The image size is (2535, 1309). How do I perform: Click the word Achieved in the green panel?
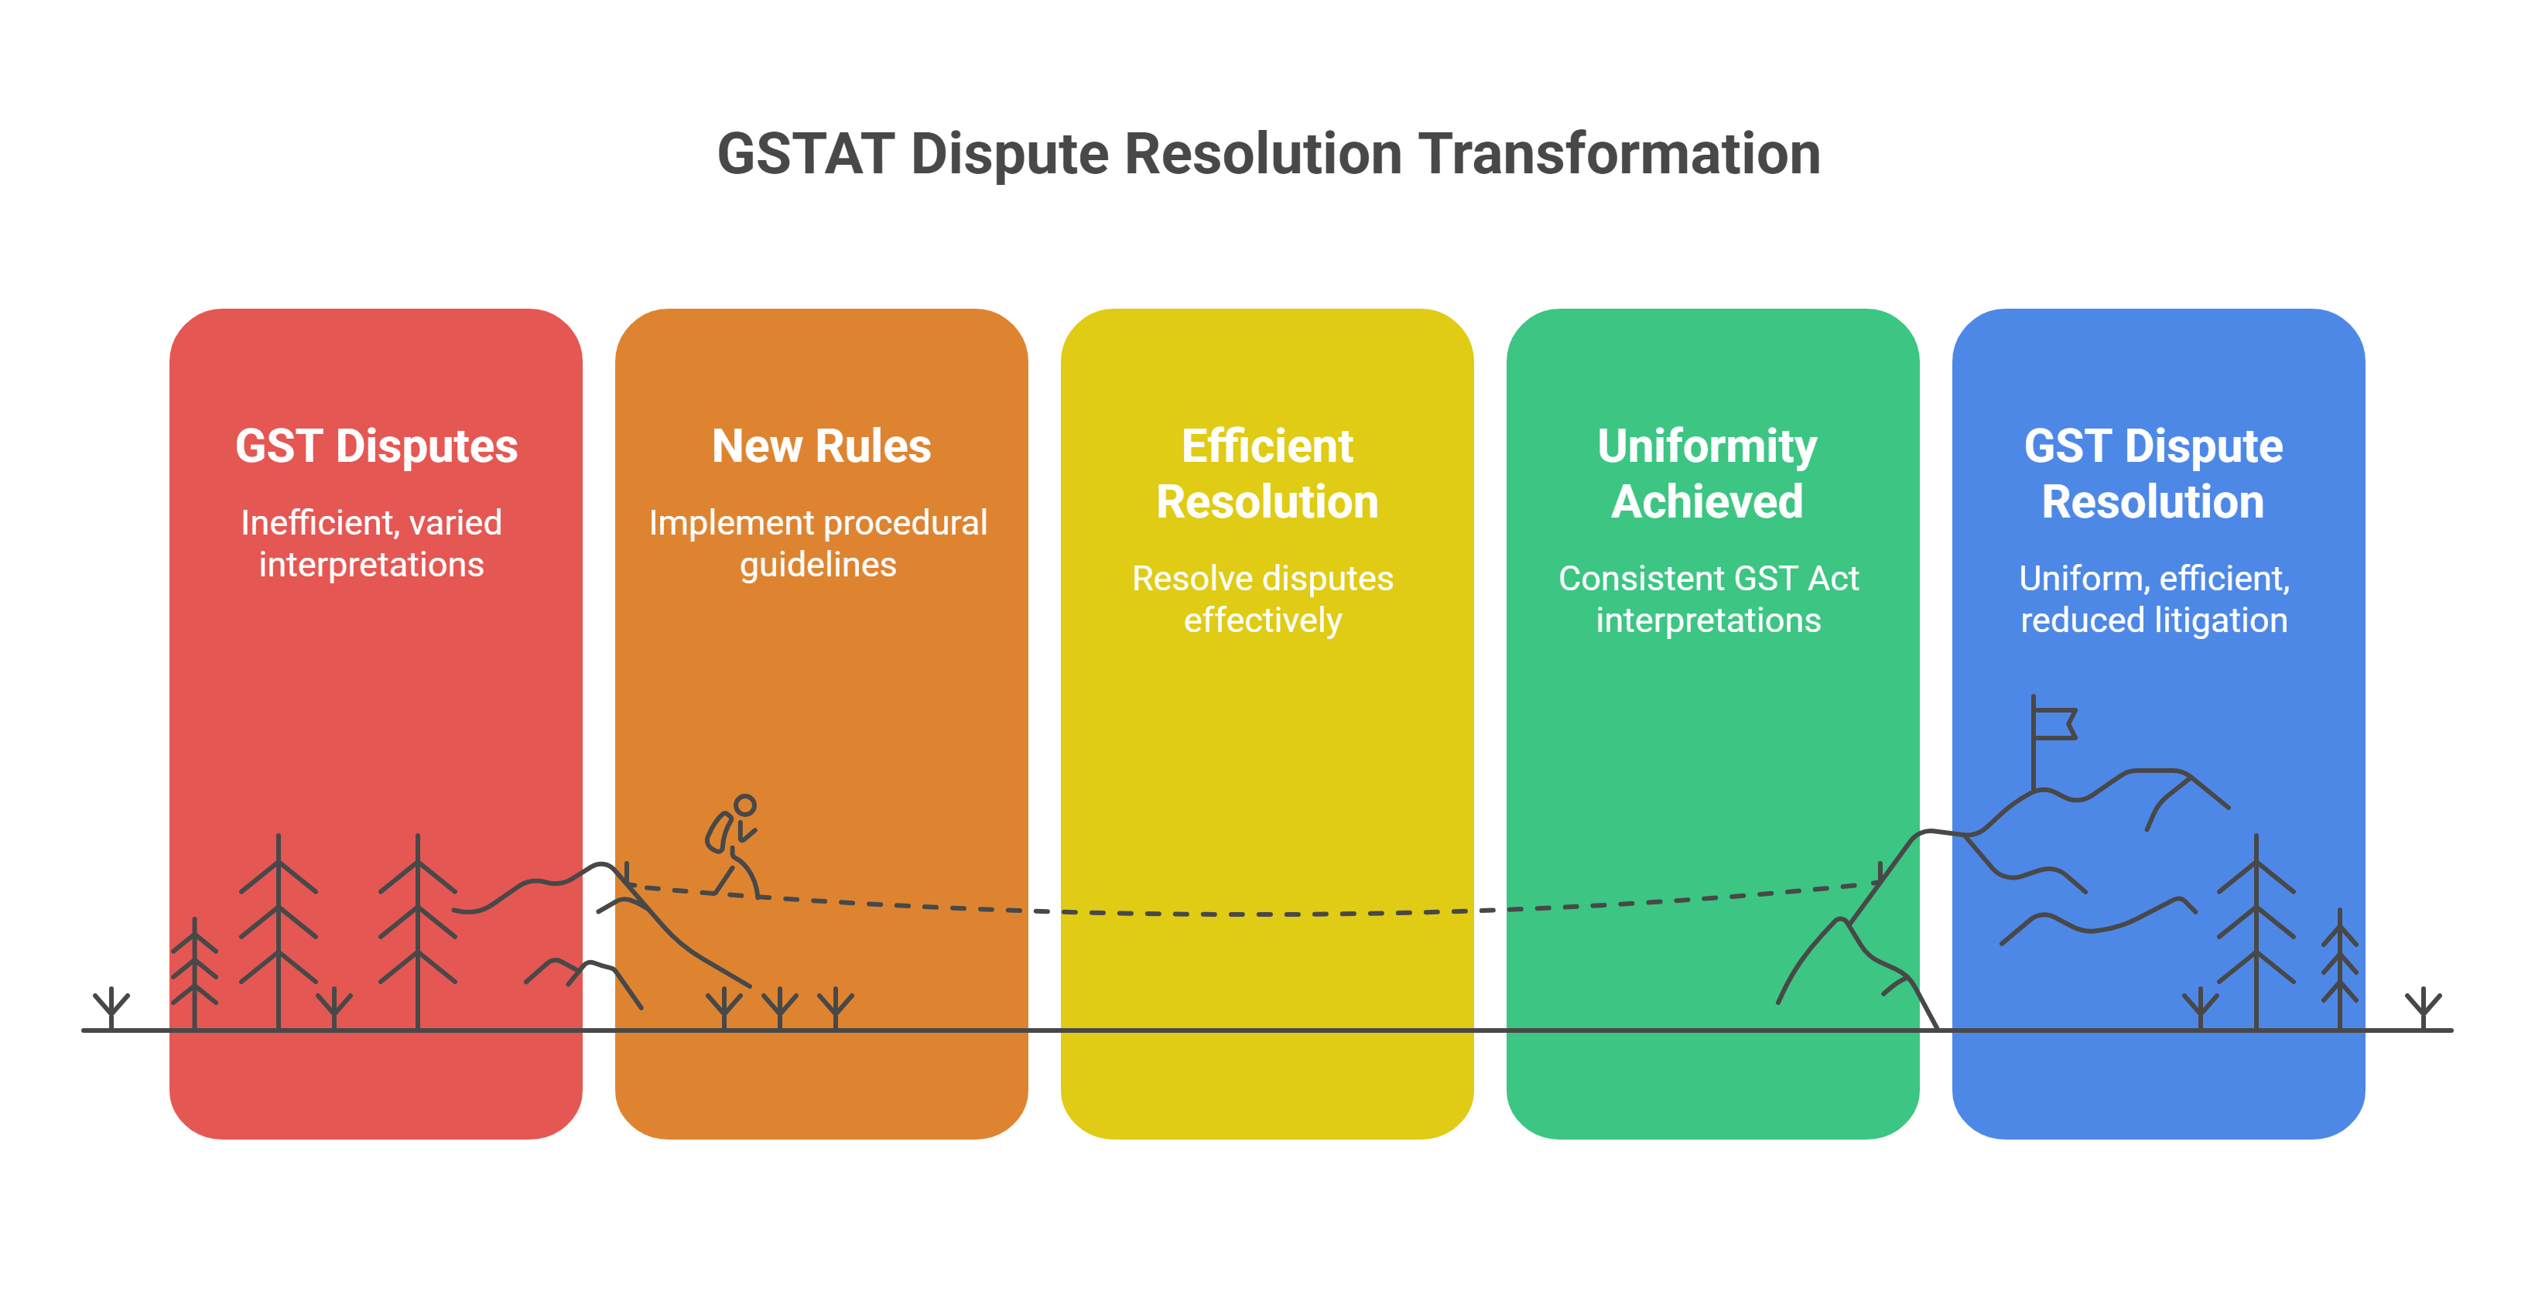(1706, 502)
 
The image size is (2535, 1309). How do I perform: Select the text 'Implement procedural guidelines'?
(818, 543)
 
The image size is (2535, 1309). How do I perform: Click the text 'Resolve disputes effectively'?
(1263, 600)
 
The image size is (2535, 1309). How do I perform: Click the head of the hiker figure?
(745, 806)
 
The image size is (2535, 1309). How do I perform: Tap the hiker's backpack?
(718, 832)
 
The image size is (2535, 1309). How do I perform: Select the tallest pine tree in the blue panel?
(2256, 930)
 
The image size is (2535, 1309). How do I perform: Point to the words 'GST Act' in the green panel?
(1803, 579)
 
